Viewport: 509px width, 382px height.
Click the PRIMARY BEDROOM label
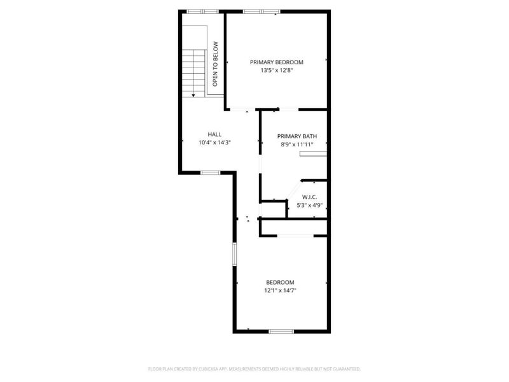pyautogui.click(x=276, y=62)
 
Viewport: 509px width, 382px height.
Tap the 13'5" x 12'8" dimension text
pyautogui.click(x=276, y=71)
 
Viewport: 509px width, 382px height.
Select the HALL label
pyautogui.click(x=214, y=134)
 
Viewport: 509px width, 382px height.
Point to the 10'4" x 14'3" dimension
pyautogui.click(x=214, y=143)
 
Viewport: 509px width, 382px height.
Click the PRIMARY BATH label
pyautogui.click(x=297, y=136)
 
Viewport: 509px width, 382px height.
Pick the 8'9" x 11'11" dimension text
pyautogui.click(x=297, y=145)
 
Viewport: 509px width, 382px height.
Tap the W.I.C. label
pyautogui.click(x=310, y=197)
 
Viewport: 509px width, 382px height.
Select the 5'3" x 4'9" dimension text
pyautogui.click(x=310, y=205)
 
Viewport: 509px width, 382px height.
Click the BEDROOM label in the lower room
pyautogui.click(x=281, y=282)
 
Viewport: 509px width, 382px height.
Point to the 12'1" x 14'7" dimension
pyautogui.click(x=281, y=290)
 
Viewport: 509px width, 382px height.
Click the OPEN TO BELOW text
pyautogui.click(x=215, y=64)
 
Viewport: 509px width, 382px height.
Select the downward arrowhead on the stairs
pyautogui.click(x=193, y=94)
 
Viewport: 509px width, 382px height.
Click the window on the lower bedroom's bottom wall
pyautogui.click(x=281, y=331)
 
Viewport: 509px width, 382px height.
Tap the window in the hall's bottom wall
pyautogui.click(x=210, y=173)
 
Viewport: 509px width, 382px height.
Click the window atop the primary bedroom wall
pyautogui.click(x=261, y=11)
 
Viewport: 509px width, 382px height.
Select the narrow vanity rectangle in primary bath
pyautogui.click(x=313, y=153)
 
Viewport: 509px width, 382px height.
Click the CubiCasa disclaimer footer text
pyautogui.click(x=254, y=369)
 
